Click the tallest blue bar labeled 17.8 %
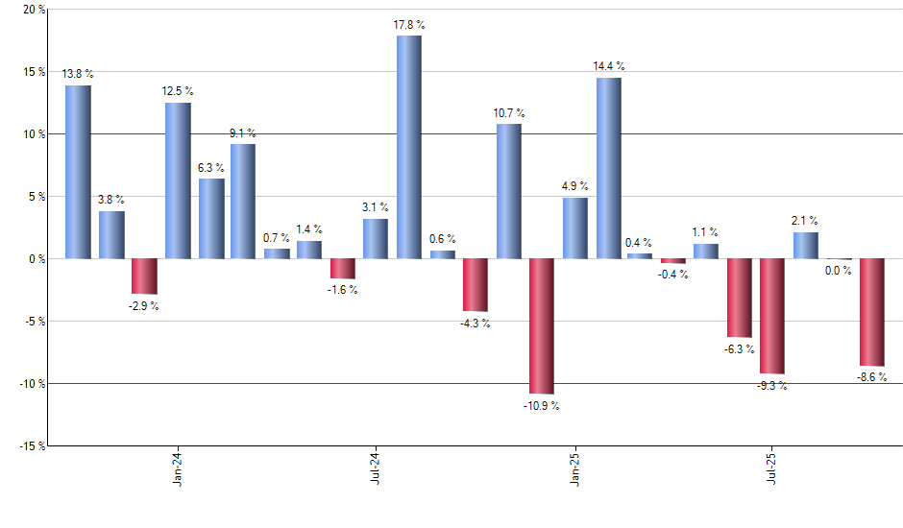pyautogui.click(x=408, y=147)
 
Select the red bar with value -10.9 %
pyautogui.click(x=541, y=325)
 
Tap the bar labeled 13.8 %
pyautogui.click(x=78, y=172)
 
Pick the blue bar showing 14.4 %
pyautogui.click(x=608, y=168)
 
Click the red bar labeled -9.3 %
pyautogui.click(x=772, y=316)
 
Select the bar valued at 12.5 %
pyautogui.click(x=178, y=180)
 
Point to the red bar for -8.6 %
pyautogui.click(x=871, y=312)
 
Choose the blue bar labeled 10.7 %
pyautogui.click(x=508, y=191)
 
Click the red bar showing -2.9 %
pyautogui.click(x=144, y=276)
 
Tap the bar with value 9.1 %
pyautogui.click(x=243, y=201)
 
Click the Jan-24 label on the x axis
pyautogui.click(x=179, y=468)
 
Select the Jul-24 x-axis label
pyautogui.click(x=377, y=468)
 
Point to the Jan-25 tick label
pyautogui.click(x=574, y=468)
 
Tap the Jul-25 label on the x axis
pyautogui.click(x=773, y=468)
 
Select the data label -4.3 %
pyautogui.click(x=476, y=324)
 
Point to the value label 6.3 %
pyautogui.click(x=210, y=168)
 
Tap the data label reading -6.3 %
pyautogui.click(x=740, y=349)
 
